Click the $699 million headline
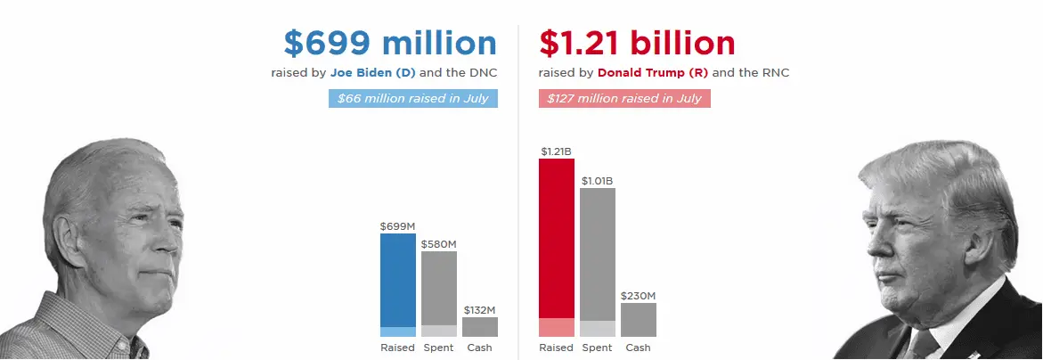[x=390, y=43]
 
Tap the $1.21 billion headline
[x=638, y=43]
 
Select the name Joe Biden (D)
[x=366, y=72]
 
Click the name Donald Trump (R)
[x=653, y=72]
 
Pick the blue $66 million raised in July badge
[x=413, y=98]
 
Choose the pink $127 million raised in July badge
[x=624, y=98]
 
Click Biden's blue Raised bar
[x=398, y=281]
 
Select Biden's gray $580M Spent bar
[x=439, y=290]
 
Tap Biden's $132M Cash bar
[x=480, y=327]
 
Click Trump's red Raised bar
[x=557, y=241]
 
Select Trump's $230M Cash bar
[x=639, y=320]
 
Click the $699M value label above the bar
[x=397, y=226]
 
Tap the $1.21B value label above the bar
[x=556, y=151]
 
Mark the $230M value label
[x=639, y=296]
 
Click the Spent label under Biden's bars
[x=439, y=348]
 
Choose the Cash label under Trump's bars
[x=639, y=348]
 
